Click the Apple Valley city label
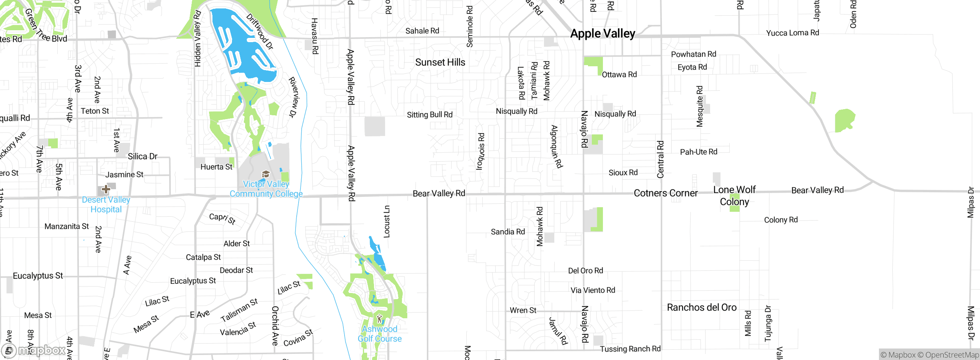tap(603, 34)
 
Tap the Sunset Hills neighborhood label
tap(440, 62)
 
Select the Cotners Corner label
tap(666, 193)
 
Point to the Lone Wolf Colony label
tap(734, 196)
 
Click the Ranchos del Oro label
tap(702, 308)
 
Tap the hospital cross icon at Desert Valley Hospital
tap(106, 189)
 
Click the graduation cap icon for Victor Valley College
tap(266, 175)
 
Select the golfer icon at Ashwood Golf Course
tap(379, 319)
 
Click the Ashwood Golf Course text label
tap(379, 334)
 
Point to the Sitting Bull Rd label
tap(430, 115)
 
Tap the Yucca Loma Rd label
tap(792, 33)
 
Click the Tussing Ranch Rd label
tap(630, 349)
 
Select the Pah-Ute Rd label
tap(699, 152)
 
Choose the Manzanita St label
tap(67, 226)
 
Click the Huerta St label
tap(216, 167)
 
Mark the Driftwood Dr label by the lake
tap(260, 32)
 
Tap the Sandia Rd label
tap(508, 232)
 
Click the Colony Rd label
tap(781, 220)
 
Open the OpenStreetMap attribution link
tap(952, 355)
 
